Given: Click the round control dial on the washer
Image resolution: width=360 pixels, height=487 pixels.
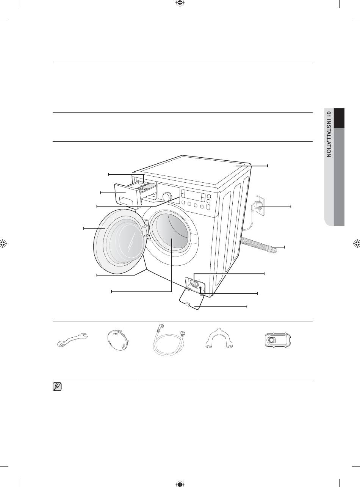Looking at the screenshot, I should tap(166, 196).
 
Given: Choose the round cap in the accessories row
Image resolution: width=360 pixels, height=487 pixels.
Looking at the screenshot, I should tap(116, 338).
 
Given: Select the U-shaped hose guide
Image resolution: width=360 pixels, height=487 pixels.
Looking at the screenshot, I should tap(219, 338).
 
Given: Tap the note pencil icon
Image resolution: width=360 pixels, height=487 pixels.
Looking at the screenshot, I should tap(57, 387).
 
